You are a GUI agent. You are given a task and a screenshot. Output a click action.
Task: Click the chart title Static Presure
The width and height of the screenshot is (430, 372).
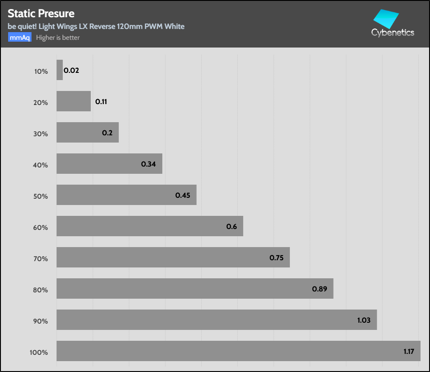(x=41, y=14)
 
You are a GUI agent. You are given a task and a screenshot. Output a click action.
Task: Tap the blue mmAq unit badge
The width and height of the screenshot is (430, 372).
(x=19, y=38)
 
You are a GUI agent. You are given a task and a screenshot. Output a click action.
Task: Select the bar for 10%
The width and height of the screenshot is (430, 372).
(x=60, y=70)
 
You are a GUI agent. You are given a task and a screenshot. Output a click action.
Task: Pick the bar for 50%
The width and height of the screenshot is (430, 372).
(x=126, y=195)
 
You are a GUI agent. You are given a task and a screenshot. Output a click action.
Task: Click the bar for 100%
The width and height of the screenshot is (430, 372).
(x=238, y=351)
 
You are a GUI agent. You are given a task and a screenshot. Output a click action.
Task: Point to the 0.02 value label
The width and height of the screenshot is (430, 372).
(x=71, y=71)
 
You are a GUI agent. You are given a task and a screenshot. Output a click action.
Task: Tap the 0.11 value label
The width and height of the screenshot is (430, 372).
(x=101, y=102)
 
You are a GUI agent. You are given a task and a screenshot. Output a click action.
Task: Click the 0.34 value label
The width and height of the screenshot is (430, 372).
(x=148, y=164)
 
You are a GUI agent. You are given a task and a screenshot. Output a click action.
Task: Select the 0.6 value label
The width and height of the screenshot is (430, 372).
(x=232, y=226)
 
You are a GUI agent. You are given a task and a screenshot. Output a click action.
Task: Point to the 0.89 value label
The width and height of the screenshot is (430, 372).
(x=319, y=289)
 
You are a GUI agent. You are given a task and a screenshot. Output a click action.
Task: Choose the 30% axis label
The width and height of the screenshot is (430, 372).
(x=40, y=134)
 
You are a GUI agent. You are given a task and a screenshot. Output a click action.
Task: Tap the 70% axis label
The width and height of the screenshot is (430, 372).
(x=40, y=258)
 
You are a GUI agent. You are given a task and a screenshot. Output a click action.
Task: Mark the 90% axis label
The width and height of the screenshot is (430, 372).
(x=40, y=321)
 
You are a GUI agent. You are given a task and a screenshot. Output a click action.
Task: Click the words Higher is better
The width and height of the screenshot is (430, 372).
(x=58, y=38)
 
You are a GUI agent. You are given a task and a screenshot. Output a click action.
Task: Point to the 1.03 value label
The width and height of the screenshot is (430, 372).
(x=364, y=320)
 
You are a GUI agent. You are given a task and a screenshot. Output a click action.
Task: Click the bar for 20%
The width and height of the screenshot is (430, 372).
(x=73, y=101)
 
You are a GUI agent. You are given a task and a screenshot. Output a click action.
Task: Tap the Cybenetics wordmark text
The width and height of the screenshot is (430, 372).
(x=392, y=33)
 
